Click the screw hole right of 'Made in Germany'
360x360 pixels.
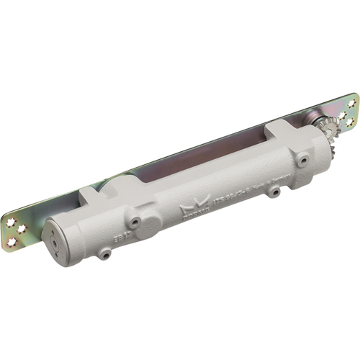point(274,192)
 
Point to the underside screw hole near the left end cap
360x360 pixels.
point(105,254)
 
